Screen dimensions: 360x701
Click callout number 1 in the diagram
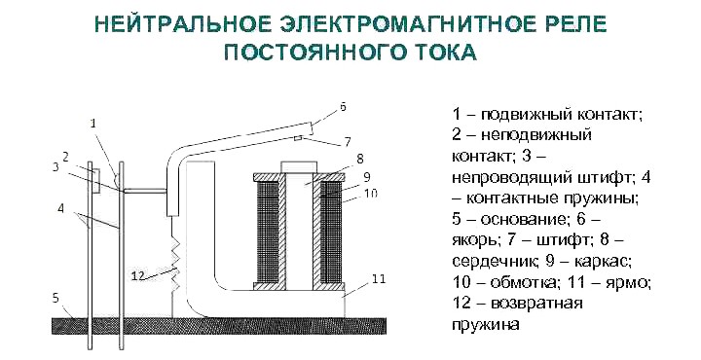coord(92,124)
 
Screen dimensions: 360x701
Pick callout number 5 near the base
coord(55,297)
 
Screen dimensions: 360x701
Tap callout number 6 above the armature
coord(343,105)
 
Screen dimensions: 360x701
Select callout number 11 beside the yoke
coord(379,278)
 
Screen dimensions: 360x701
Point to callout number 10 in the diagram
coord(371,194)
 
